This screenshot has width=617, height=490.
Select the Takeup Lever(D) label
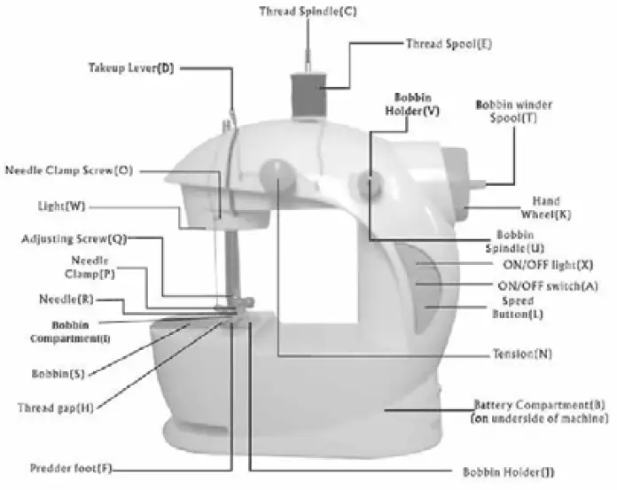click(x=130, y=68)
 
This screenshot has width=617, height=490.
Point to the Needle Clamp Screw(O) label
click(x=69, y=169)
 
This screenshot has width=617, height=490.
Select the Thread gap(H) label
click(x=56, y=408)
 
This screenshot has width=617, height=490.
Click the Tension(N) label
click(x=522, y=354)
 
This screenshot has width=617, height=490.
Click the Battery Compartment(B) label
click(x=539, y=410)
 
